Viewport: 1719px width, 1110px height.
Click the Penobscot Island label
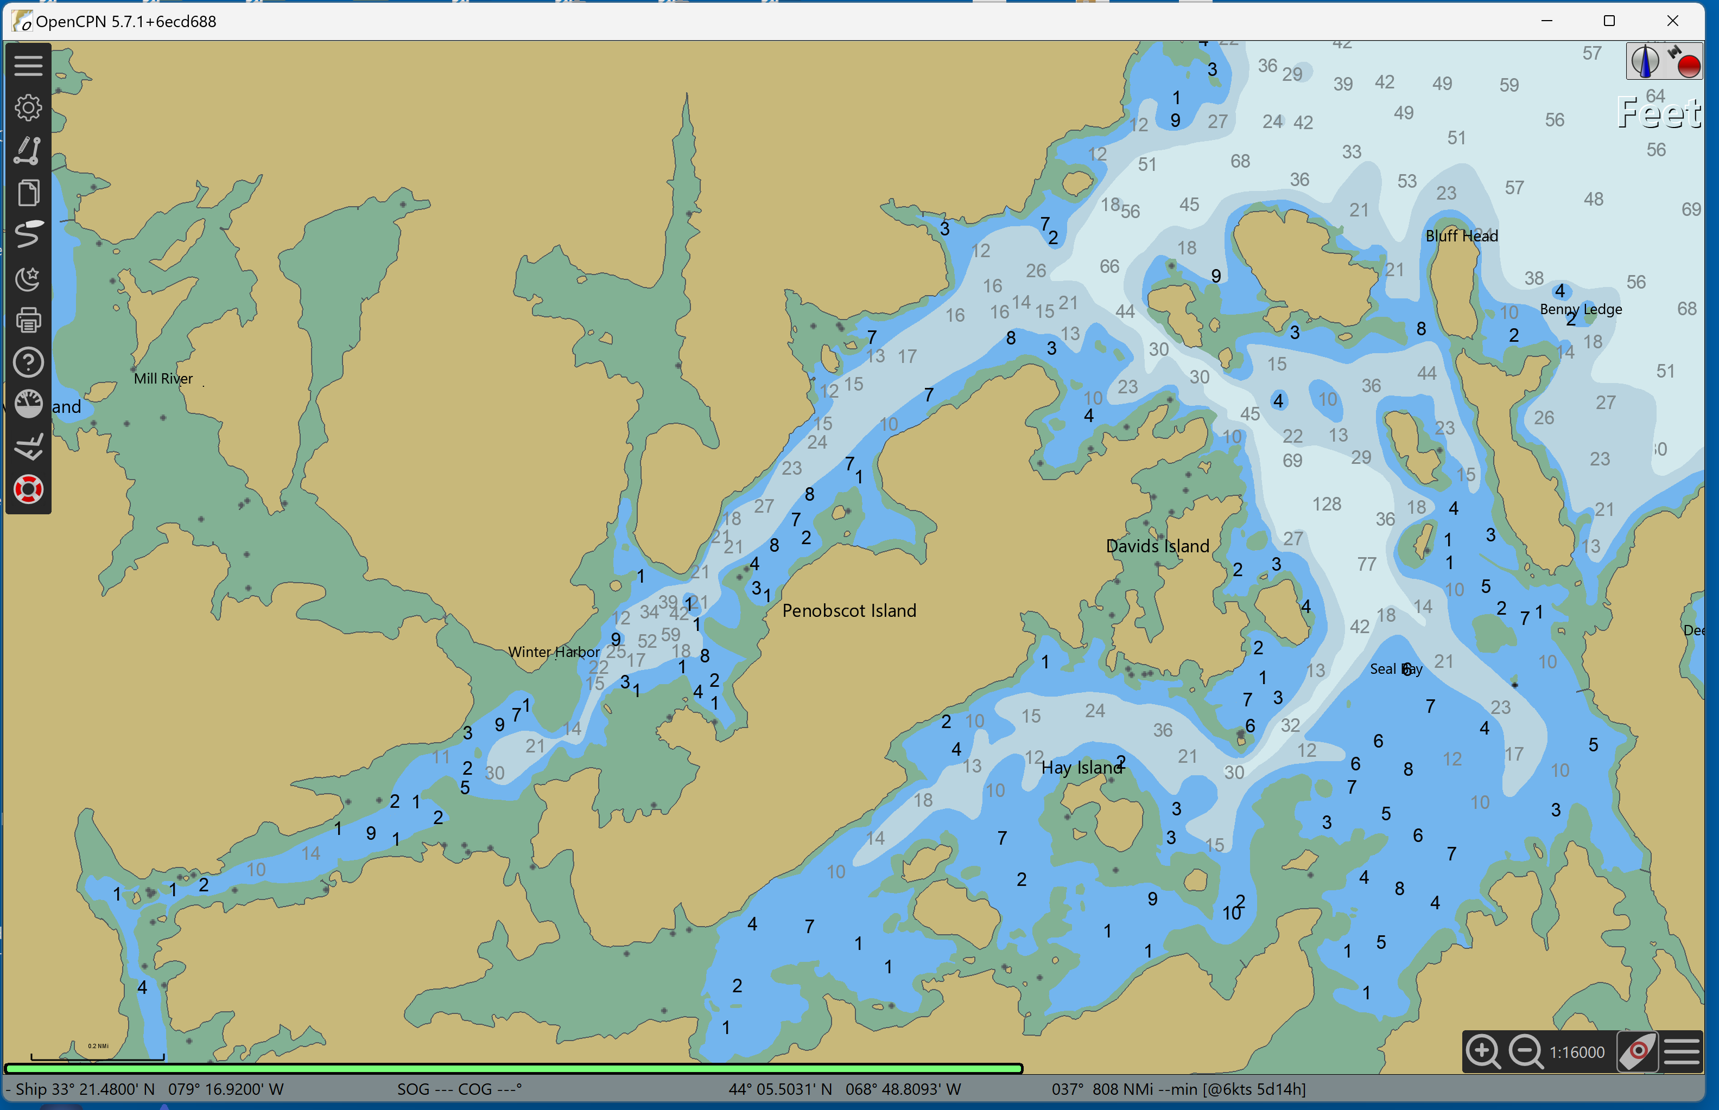pyautogui.click(x=849, y=610)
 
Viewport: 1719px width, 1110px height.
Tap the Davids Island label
pyautogui.click(x=1157, y=546)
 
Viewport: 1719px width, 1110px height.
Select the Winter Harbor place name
pyautogui.click(x=553, y=652)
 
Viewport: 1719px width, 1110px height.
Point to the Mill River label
pyautogui.click(x=163, y=379)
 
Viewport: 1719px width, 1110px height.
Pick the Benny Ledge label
pyautogui.click(x=1581, y=309)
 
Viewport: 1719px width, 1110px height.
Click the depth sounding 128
pyautogui.click(x=1326, y=504)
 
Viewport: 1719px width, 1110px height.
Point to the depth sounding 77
pyautogui.click(x=1366, y=564)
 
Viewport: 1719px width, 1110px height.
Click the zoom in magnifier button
pyautogui.click(x=1482, y=1051)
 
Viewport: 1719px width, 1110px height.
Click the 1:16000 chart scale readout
pyautogui.click(x=1577, y=1052)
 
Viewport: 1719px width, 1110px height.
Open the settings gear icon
pyautogui.click(x=28, y=108)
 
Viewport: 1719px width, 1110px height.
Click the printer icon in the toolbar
pyautogui.click(x=28, y=320)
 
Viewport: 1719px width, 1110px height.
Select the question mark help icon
pyautogui.click(x=28, y=362)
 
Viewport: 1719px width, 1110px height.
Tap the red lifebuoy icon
pyautogui.click(x=28, y=490)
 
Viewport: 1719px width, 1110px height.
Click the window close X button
pyautogui.click(x=1672, y=21)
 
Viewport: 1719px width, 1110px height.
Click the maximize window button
pyautogui.click(x=1609, y=21)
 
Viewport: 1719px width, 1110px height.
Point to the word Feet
pyautogui.click(x=1658, y=113)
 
